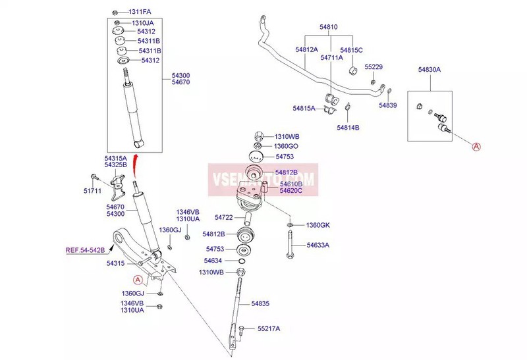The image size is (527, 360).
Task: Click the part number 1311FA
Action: pyautogui.click(x=139, y=12)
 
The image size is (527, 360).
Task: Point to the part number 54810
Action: pyautogui.click(x=329, y=27)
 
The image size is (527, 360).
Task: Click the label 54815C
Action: pyautogui.click(x=351, y=50)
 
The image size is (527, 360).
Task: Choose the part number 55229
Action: pyautogui.click(x=374, y=67)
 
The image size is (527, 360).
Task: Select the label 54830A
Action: pyautogui.click(x=430, y=69)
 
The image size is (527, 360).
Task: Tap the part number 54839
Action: pyautogui.click(x=388, y=105)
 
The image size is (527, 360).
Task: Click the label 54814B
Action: pyautogui.click(x=348, y=127)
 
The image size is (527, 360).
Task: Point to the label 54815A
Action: pyautogui.click(x=304, y=107)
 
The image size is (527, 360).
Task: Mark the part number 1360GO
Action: pyautogui.click(x=287, y=145)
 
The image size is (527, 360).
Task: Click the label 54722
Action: pyautogui.click(x=224, y=217)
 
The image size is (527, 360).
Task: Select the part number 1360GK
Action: pyautogui.click(x=318, y=225)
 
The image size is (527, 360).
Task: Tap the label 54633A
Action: pyautogui.click(x=318, y=245)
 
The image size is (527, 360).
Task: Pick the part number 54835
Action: pyautogui.click(x=261, y=303)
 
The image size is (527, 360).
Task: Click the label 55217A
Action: pyautogui.click(x=269, y=328)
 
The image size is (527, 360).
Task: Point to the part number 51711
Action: pyautogui.click(x=92, y=192)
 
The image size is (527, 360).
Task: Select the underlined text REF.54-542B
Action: pyautogui.click(x=85, y=250)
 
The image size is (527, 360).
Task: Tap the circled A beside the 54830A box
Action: pyautogui.click(x=476, y=147)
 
